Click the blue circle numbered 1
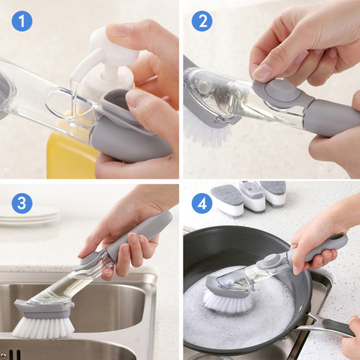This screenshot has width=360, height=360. (x=22, y=21)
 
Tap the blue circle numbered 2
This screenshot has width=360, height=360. (x=202, y=21)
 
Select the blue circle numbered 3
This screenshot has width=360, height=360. (x=22, y=203)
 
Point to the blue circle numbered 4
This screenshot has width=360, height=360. (x=202, y=203)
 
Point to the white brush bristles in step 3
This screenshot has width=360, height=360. (x=44, y=327)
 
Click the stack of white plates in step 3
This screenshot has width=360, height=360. (x=29, y=216)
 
